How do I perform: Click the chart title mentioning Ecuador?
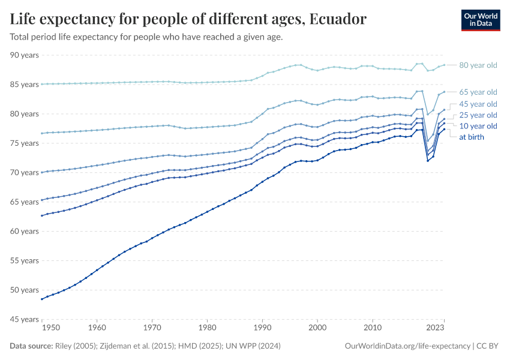click(x=188, y=19)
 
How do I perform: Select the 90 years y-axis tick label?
click(x=25, y=55)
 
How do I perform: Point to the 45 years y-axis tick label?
click(x=25, y=319)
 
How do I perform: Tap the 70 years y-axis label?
click(x=25, y=173)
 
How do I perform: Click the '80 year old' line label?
click(x=478, y=65)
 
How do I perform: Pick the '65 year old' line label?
click(x=478, y=92)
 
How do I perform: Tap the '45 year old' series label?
click(x=478, y=104)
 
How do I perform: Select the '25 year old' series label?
click(x=478, y=115)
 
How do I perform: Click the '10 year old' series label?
click(x=478, y=126)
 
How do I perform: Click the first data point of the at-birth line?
click(x=41, y=299)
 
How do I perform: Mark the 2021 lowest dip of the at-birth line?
click(x=427, y=161)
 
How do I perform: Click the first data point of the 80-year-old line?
click(x=41, y=84)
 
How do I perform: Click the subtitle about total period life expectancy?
click(x=146, y=37)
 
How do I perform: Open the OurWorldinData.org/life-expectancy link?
click(x=408, y=346)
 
